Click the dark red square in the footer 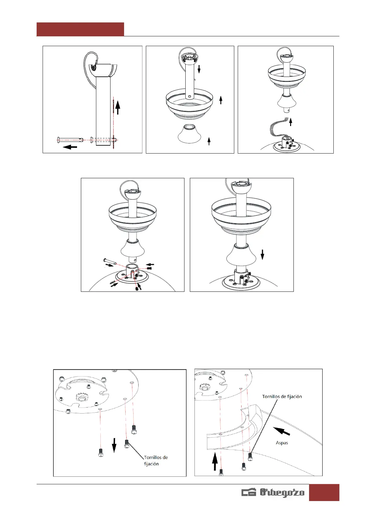324,492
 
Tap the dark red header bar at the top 80,29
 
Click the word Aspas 282,443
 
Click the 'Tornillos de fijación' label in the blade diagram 282,396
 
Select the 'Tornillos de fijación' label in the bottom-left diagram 156,461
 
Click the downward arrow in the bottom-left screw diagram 114,445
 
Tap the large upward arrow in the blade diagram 215,461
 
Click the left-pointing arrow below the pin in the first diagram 70,147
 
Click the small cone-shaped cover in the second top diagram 190,134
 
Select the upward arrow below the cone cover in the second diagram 209,141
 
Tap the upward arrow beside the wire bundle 290,122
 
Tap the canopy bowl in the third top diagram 287,77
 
